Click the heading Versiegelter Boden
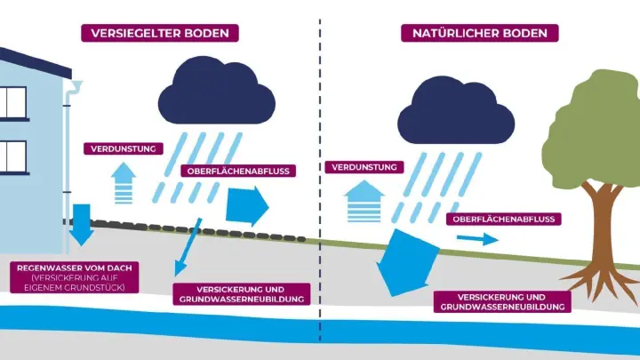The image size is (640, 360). coord(161,33)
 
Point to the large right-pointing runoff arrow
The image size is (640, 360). coord(246,205)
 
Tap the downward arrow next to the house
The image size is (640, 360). coord(82,225)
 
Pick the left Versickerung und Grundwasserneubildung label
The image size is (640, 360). coord(240,294)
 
